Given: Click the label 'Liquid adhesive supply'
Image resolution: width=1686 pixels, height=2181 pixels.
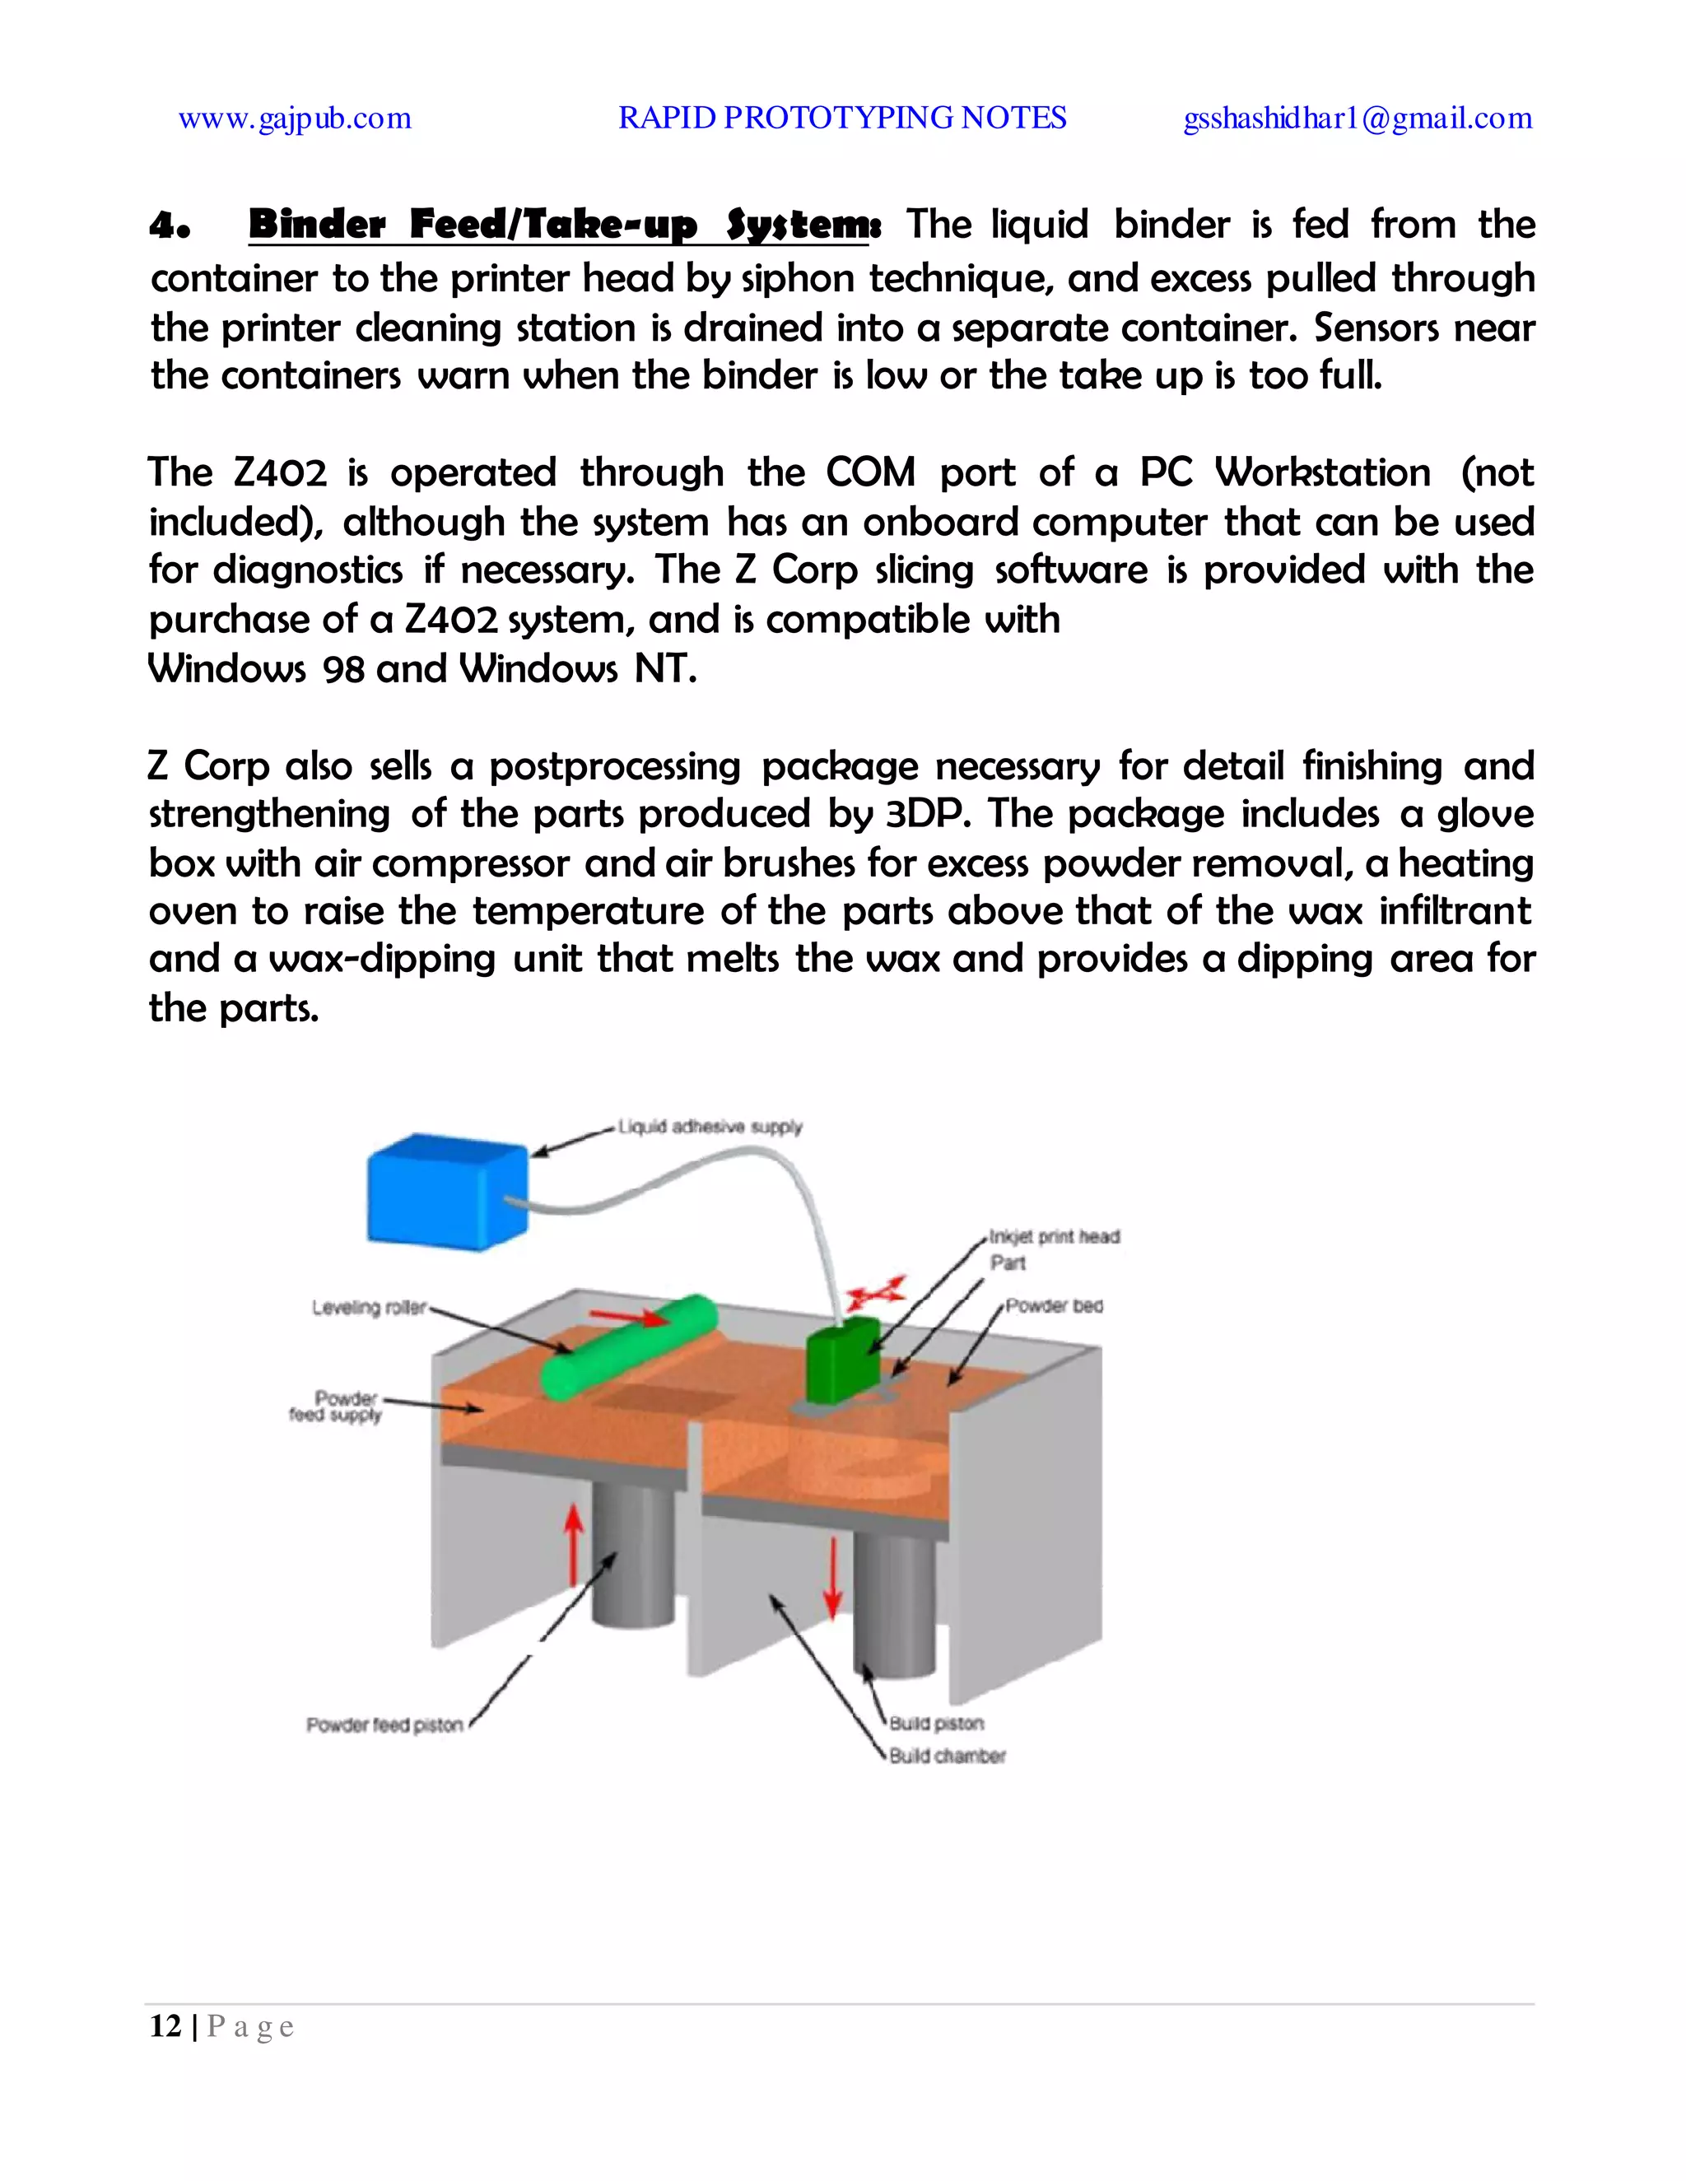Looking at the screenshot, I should (710, 1127).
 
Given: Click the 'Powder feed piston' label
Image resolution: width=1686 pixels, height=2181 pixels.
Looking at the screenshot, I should (384, 1724).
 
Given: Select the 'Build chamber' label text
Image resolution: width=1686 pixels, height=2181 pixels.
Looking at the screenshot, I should (948, 1755).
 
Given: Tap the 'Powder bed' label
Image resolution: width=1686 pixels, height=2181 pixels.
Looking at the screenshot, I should (1055, 1305).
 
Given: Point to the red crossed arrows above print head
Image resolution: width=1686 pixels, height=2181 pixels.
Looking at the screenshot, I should (876, 1293).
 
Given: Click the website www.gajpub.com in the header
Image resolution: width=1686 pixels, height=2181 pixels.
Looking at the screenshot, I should (295, 118).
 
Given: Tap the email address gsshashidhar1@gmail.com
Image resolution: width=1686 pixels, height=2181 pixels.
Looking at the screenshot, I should (1358, 118).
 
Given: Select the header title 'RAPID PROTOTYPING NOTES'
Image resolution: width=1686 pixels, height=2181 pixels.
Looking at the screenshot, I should (842, 118).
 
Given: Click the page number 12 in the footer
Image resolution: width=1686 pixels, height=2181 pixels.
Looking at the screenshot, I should (165, 2026).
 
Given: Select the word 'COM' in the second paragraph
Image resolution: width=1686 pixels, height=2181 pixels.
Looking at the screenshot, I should (870, 472).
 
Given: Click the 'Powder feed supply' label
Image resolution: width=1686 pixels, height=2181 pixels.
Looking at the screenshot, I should (337, 1406).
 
